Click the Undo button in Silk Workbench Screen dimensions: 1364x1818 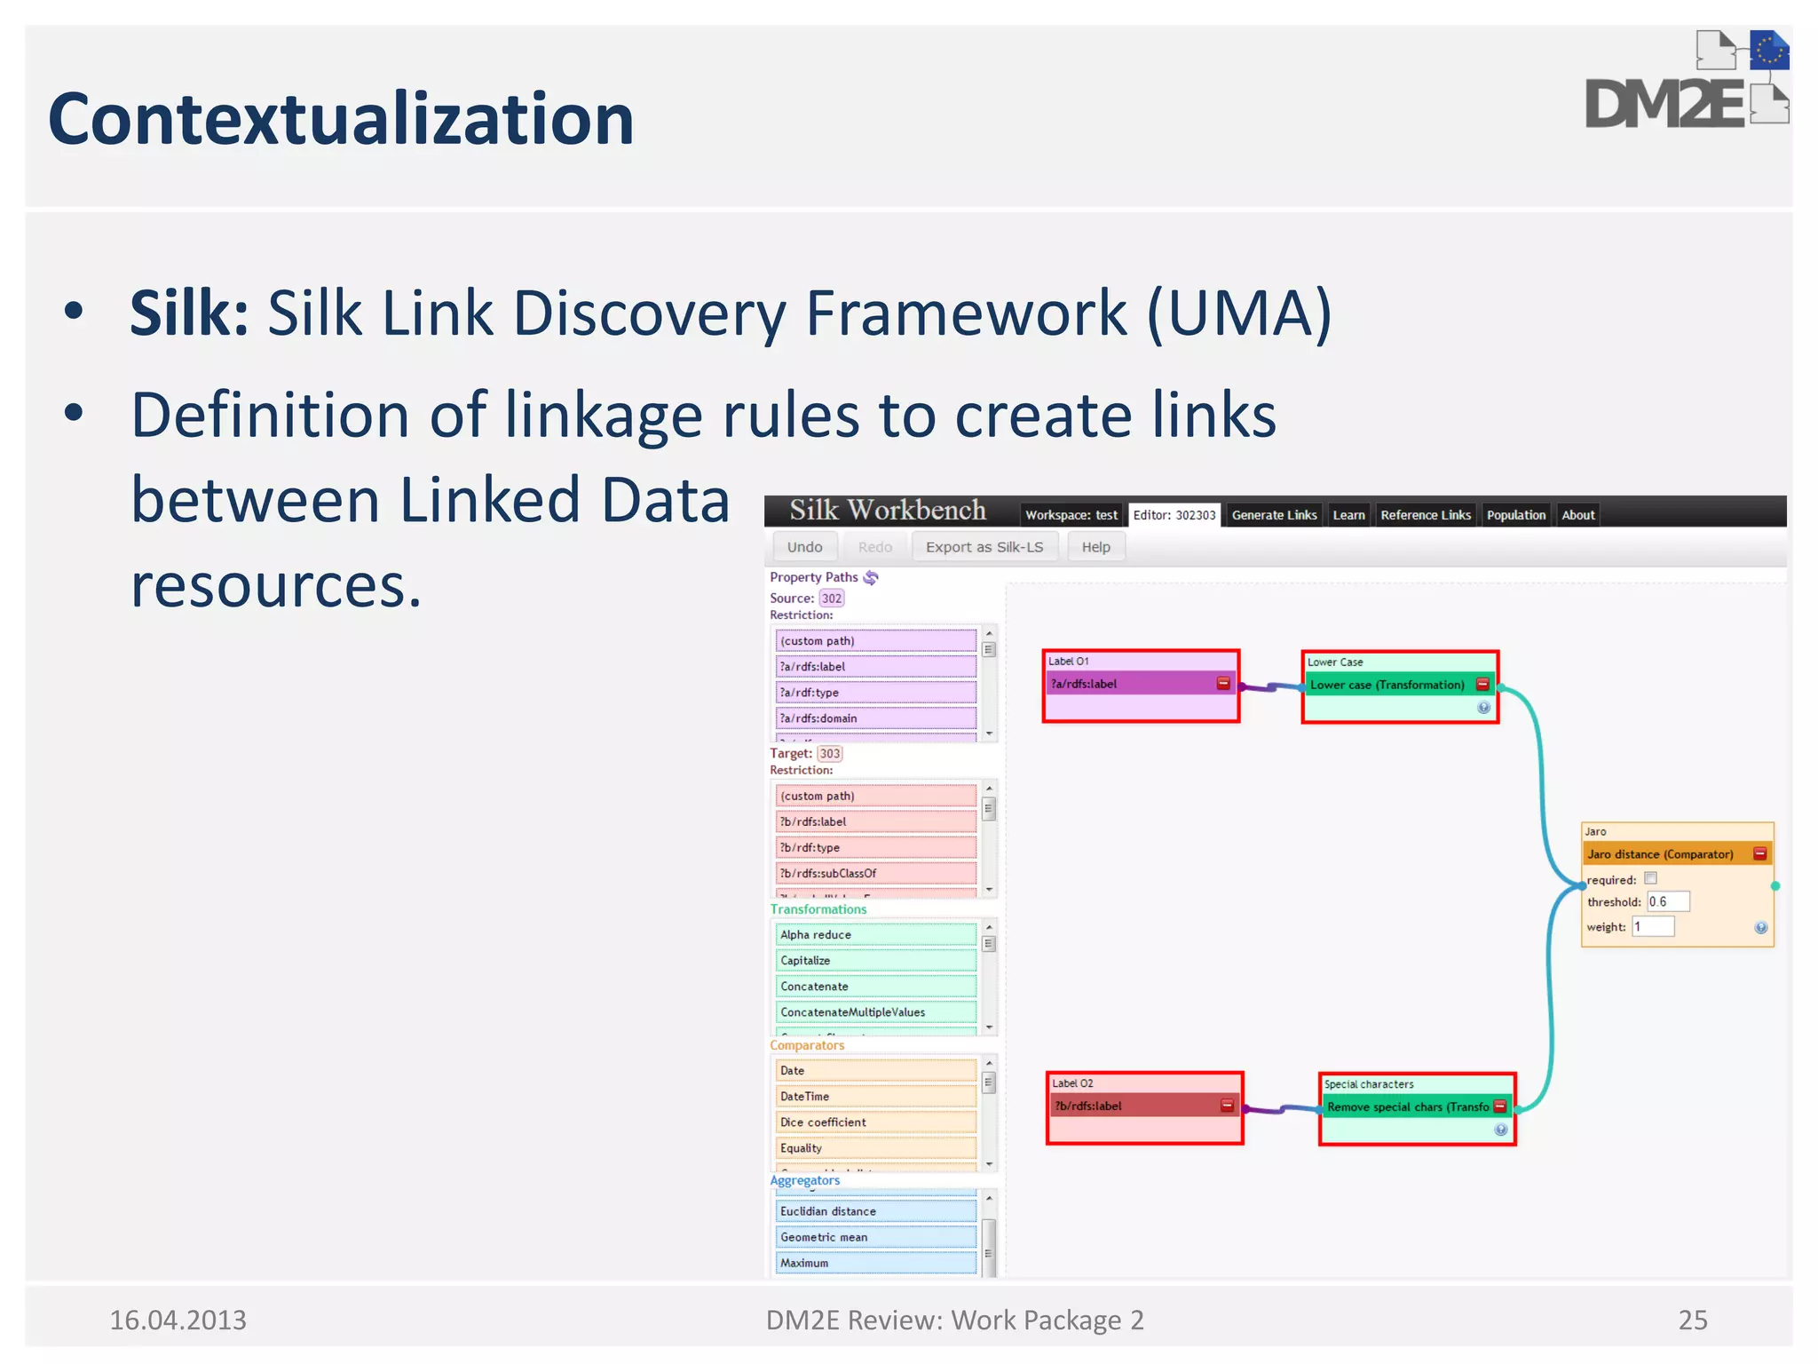coord(804,547)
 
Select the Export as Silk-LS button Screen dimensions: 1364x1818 coord(984,547)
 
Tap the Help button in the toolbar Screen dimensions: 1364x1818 coord(1095,547)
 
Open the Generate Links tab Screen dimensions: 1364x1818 coord(1274,515)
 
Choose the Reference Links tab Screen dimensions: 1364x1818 coord(1425,515)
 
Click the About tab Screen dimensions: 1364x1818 coord(1577,515)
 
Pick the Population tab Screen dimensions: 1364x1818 coord(1515,515)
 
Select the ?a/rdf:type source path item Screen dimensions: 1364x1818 coord(875,693)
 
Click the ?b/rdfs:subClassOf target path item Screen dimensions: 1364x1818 coord(875,874)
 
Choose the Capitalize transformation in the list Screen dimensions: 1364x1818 coord(875,961)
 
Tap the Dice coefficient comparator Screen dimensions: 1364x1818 coord(875,1122)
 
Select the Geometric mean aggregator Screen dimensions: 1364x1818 coord(875,1237)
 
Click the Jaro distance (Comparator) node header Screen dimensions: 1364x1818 coord(1660,854)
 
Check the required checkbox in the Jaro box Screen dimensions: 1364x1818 coord(1650,878)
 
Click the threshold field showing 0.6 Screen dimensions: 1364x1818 coord(1667,902)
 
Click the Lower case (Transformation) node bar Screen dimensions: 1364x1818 coord(1387,685)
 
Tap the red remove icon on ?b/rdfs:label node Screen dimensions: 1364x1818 coord(1227,1106)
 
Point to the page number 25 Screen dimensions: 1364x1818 coord(1692,1320)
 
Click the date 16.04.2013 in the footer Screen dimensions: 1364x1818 coord(178,1320)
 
